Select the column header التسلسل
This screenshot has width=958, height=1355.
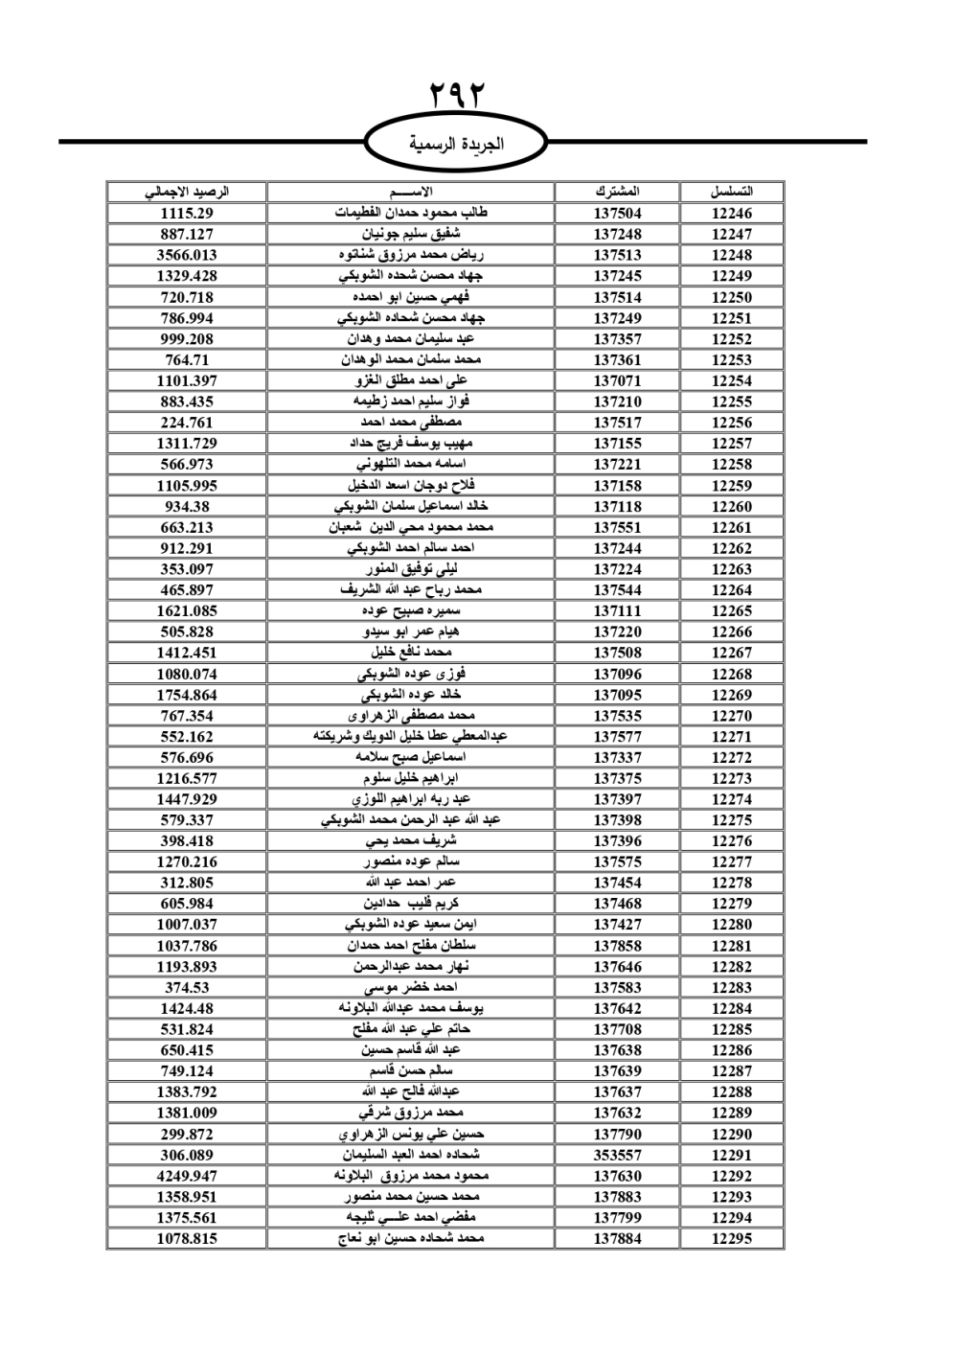732,192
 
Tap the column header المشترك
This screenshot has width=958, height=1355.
617,192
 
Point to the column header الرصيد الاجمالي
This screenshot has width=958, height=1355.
187,192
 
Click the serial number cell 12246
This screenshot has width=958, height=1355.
732,214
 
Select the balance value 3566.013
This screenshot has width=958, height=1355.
187,255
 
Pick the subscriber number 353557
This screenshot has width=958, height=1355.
617,1155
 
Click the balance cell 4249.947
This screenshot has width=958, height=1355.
187,1176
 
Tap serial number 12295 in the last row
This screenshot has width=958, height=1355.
732,1238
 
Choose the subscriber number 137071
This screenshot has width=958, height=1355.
617,380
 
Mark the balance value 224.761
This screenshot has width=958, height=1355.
187,423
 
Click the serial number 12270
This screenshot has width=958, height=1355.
732,716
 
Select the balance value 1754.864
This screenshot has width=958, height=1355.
187,695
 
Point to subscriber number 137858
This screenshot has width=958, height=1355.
617,946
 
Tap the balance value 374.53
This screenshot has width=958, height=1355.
187,987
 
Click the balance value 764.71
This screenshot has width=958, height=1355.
187,360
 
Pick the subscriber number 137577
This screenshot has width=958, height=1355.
617,737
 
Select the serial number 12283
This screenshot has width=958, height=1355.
732,987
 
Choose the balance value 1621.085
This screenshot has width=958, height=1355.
187,610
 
